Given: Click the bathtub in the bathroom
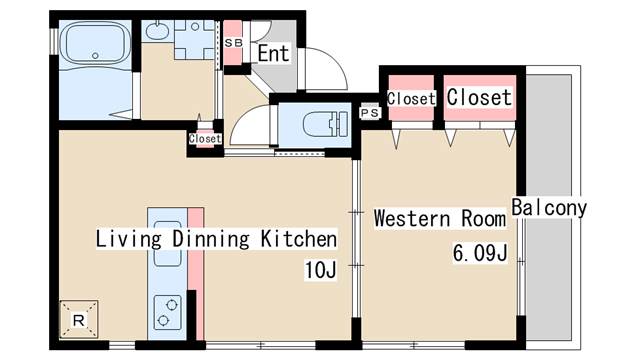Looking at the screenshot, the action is pos(95,43).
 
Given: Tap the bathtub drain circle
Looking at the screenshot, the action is pos(95,56).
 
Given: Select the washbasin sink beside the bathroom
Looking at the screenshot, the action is pos(157,31).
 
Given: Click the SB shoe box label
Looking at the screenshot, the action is pos(233,42).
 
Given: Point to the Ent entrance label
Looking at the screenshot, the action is pos(273,53).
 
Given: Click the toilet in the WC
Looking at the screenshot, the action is pos(325,124).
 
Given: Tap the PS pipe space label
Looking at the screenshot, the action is pos(370,113).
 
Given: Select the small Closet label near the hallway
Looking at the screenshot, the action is pos(205,139).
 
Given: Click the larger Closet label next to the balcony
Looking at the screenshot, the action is pos(479,97).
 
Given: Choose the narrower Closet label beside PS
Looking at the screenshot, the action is pos(411,99).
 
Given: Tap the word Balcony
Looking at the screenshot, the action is pos(549,207).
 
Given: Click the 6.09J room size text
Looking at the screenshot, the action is pos(480,253).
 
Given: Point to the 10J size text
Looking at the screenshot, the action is pos(321,269).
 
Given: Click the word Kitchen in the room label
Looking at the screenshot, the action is pos(299,239).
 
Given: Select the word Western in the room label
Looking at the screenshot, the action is pos(411,218).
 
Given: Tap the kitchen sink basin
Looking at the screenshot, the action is pos(167,244).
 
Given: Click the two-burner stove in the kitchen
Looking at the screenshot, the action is pos(167,313).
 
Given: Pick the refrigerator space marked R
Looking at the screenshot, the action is pos(79,320).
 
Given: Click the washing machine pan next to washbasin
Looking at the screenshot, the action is pos(195,40).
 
